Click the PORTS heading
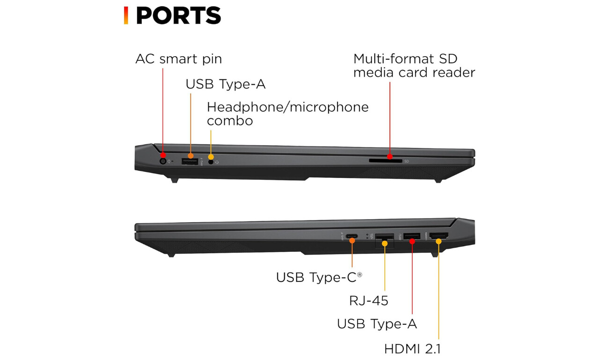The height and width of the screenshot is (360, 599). [178, 15]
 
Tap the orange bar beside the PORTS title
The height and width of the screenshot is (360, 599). [126, 15]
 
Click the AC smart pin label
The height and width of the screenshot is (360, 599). [179, 59]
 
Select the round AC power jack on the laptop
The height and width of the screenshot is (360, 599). [162, 162]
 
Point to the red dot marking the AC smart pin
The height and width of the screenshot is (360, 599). [163, 155]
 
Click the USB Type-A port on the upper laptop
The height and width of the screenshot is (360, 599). [190, 162]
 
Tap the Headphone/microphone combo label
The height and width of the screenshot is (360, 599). [288, 114]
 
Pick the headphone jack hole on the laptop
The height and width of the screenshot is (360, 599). [211, 162]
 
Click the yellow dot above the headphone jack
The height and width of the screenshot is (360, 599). [211, 157]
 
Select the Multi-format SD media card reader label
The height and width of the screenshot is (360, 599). [414, 66]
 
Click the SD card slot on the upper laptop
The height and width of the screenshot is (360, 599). [385, 161]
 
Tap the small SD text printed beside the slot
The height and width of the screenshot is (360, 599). [407, 162]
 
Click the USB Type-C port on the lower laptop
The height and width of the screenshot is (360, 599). [351, 236]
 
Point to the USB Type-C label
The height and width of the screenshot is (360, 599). [319, 277]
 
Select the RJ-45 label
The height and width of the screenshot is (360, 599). [368, 301]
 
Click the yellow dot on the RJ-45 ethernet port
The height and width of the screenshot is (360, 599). [385, 243]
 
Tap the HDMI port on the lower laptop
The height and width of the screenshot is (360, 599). [438, 235]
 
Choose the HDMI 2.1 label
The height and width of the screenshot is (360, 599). [412, 349]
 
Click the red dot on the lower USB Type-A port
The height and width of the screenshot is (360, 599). [412, 242]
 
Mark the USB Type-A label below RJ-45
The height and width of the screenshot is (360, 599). [377, 324]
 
